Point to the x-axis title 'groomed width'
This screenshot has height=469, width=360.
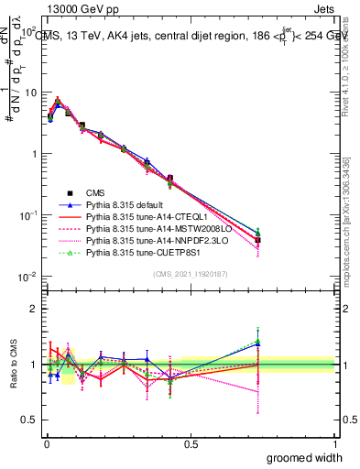[306, 456]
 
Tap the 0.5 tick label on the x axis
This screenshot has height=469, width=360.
[190, 443]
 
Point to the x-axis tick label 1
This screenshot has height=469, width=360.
[334, 443]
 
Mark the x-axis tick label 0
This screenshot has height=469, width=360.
[46, 443]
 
